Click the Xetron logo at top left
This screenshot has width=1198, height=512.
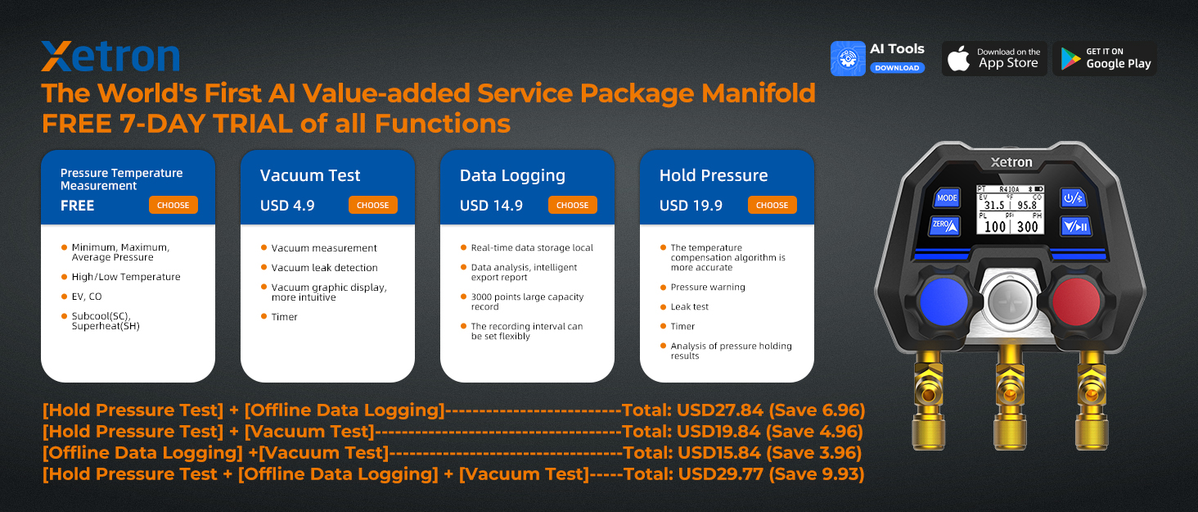coord(110,57)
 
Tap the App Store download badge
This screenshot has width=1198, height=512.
coord(994,58)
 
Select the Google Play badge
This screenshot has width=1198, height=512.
coord(1105,58)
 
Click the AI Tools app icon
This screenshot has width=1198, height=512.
coord(848,59)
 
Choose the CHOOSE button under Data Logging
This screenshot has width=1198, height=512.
coord(572,205)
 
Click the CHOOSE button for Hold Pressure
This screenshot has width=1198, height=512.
coord(772,205)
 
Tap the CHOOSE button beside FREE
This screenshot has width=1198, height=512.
coord(173,205)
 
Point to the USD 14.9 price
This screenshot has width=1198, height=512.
coord(491,206)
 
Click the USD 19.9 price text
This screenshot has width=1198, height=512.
coord(691,206)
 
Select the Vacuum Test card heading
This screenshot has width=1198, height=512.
coord(310,175)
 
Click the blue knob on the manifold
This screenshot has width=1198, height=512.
coord(944,302)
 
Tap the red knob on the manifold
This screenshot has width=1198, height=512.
coord(1077,302)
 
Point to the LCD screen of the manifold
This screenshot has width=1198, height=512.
coord(1011,211)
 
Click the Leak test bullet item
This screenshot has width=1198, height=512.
coord(689,306)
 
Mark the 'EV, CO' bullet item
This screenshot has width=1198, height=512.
coord(87,297)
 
